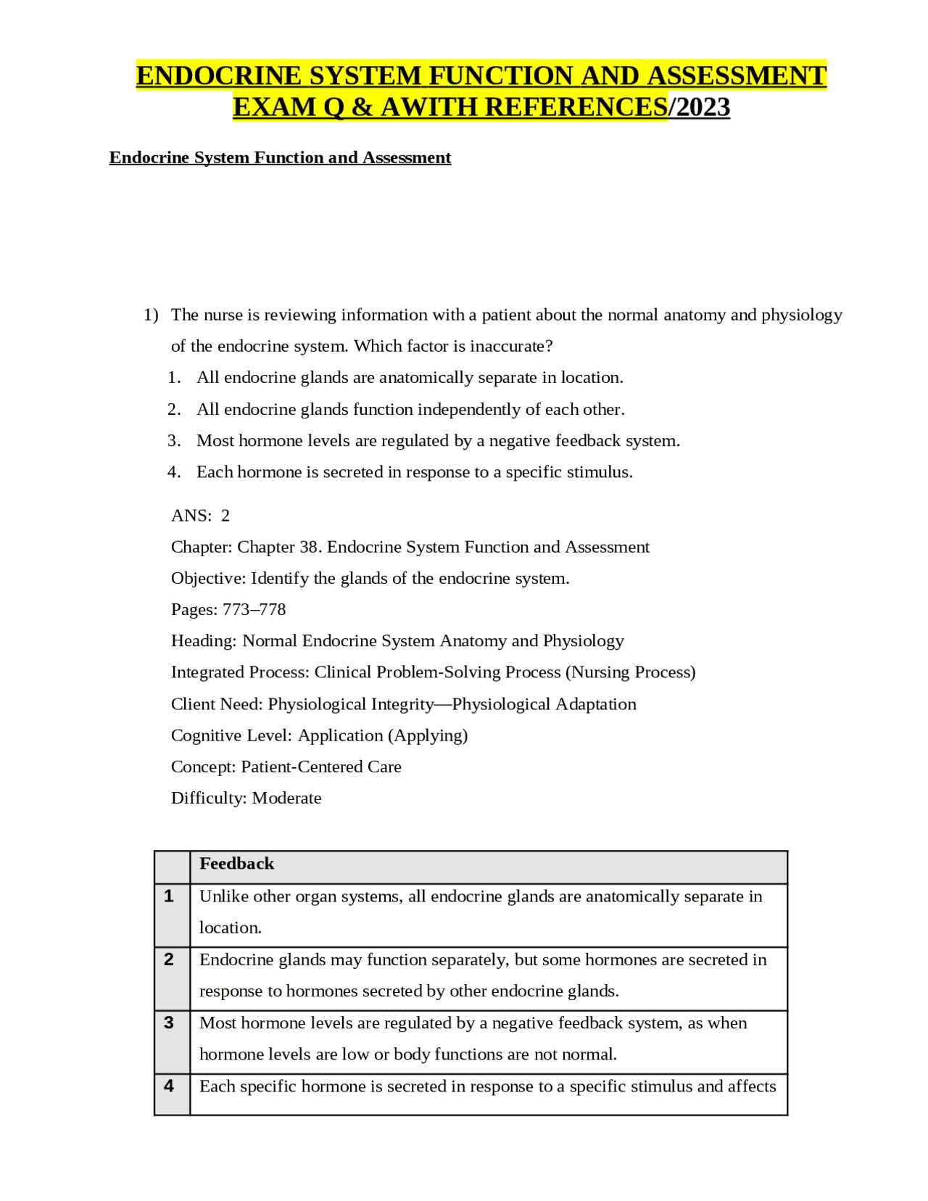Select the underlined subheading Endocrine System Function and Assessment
point(280,157)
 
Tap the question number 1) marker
point(150,315)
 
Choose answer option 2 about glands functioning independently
point(410,409)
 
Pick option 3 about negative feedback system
point(437,440)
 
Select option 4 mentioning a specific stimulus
point(414,471)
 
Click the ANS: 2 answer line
point(200,515)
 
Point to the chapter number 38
point(310,547)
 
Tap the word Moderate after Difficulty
point(286,798)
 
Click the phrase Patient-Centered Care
point(320,767)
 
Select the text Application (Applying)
point(382,735)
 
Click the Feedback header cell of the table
point(236,864)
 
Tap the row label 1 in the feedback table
point(169,896)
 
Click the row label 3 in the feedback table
point(169,1023)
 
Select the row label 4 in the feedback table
point(169,1086)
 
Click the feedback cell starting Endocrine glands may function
point(482,975)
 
